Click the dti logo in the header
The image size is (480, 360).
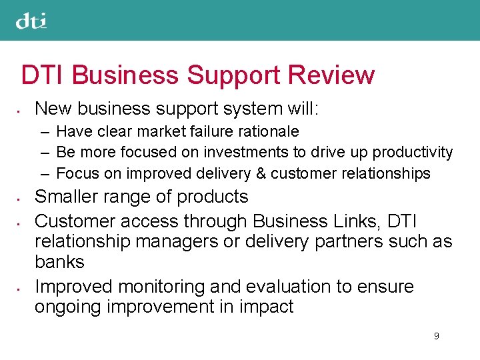31,21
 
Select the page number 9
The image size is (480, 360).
436,336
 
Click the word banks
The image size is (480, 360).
59,262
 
